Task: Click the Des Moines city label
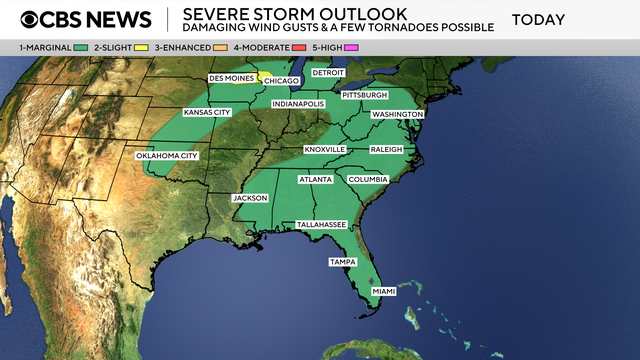coord(230,77)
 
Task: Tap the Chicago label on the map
coord(281,81)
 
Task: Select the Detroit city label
coord(327,73)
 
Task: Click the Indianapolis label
coord(298,104)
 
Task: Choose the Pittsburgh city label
coord(364,95)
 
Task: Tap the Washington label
coord(397,115)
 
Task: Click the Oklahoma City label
coord(167,156)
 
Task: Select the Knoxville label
coord(324,149)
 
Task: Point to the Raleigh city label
coord(385,149)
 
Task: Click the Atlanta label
coord(316,179)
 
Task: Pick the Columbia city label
coord(367,179)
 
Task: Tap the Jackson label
coord(250,198)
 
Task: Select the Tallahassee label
coord(321,225)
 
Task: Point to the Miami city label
coord(383,291)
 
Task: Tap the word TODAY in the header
coord(538,20)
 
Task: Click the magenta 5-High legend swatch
coord(351,47)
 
